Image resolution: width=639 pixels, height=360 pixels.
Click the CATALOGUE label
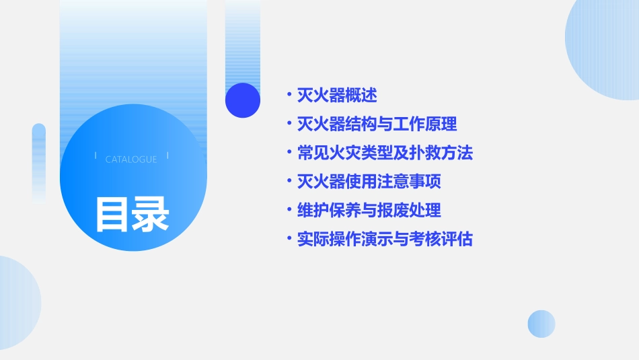(x=131, y=159)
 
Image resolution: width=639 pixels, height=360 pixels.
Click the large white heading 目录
(x=132, y=214)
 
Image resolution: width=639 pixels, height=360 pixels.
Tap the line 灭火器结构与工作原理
(x=377, y=124)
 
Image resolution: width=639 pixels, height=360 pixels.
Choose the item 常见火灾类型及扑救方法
(x=385, y=153)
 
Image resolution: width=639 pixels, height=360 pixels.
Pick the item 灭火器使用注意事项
(x=369, y=182)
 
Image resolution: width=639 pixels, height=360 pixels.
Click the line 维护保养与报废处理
(x=369, y=210)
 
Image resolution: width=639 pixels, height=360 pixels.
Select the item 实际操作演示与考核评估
(x=385, y=239)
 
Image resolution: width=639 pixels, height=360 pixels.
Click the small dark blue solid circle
(x=243, y=100)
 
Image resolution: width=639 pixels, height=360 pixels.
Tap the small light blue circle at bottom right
(x=541, y=324)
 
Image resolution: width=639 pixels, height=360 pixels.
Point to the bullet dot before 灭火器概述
(x=289, y=95)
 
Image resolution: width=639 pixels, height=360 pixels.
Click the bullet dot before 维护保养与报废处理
(x=289, y=210)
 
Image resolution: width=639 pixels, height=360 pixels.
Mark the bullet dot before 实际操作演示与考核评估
(x=289, y=239)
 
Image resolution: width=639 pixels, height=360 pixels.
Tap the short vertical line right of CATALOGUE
(x=167, y=156)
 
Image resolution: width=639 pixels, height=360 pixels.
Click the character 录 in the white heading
(x=151, y=214)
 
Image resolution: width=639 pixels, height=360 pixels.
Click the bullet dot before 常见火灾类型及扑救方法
(x=289, y=153)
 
